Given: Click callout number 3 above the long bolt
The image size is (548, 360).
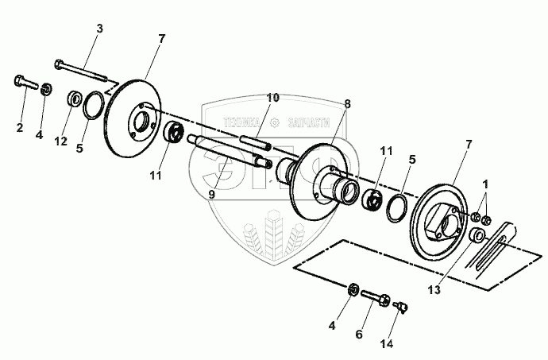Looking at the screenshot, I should click(x=99, y=29).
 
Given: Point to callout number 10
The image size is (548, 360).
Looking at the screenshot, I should click(x=272, y=98).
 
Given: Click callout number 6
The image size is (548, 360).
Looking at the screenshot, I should click(x=358, y=335).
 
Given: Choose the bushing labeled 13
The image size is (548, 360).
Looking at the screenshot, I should click(x=476, y=236).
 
